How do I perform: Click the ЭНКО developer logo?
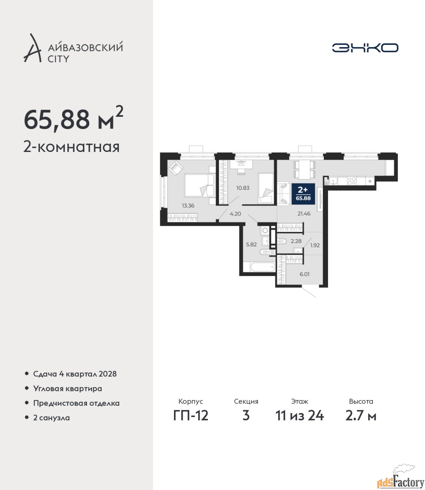coord(365,47)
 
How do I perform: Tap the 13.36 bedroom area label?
coord(188,206)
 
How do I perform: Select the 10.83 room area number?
coord(243,188)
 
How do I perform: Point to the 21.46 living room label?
coord(304,214)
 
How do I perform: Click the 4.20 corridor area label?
coord(235,214)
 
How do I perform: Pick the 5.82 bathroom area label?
coord(251,244)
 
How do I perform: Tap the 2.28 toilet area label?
coord(296,241)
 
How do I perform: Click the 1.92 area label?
coord(315,245)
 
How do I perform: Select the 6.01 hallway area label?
coord(304,274)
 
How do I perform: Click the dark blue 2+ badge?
coord(303,194)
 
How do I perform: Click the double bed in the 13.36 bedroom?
coord(200,185)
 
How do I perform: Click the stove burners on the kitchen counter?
coord(351,181)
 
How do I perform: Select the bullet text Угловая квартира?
coord(67,389)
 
